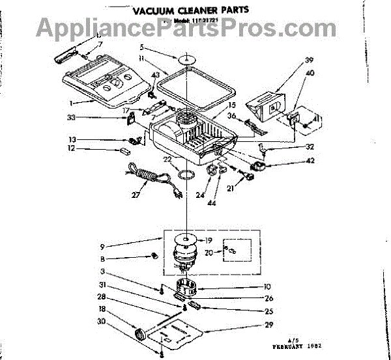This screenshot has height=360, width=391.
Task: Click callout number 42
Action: [x=291, y=160]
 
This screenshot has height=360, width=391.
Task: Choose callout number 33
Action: [x=108, y=118]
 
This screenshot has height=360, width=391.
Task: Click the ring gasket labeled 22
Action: [x=186, y=174]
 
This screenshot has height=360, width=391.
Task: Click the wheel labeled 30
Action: [x=138, y=335]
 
